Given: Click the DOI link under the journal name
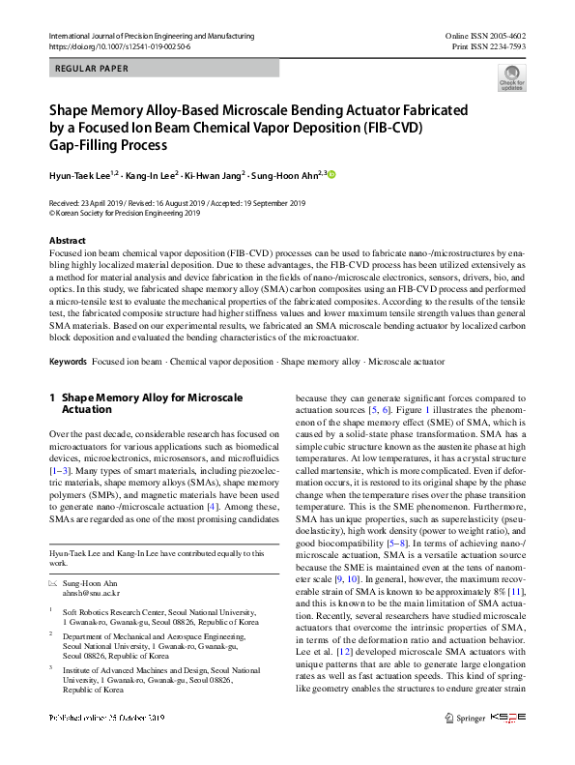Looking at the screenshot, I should coord(119,45).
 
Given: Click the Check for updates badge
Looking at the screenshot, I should coord(511,77).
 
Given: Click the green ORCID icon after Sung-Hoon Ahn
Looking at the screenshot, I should coord(331,174).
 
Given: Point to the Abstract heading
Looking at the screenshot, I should coord(67,240).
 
